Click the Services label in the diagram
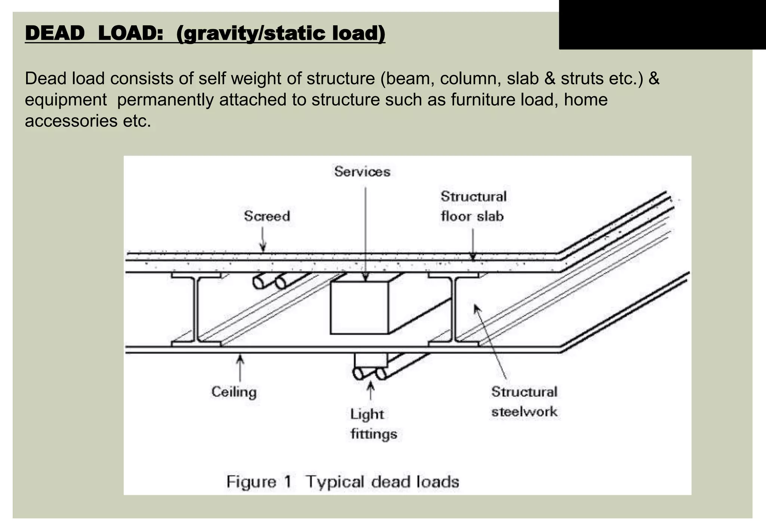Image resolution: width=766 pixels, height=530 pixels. [362, 172]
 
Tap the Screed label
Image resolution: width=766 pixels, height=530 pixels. [267, 216]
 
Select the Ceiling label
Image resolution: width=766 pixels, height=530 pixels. [234, 392]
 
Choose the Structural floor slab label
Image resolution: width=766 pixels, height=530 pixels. [473, 206]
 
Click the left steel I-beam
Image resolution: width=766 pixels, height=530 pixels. [196, 309]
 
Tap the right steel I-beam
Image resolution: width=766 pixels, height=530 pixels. [453, 309]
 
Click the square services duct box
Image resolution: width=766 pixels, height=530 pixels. [359, 308]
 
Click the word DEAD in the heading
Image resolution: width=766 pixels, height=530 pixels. [55, 34]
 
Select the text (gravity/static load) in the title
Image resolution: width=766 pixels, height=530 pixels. [281, 34]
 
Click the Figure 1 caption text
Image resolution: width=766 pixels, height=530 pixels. [342, 482]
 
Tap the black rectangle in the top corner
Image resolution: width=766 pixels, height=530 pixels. [662, 25]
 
